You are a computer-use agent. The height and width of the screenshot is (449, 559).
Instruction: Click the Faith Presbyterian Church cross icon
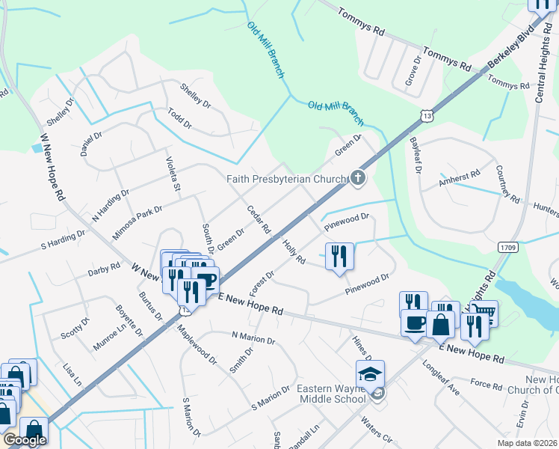click(359, 178)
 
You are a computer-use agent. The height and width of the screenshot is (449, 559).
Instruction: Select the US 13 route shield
click(427, 116)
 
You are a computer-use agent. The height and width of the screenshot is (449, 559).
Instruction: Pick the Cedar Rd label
click(258, 219)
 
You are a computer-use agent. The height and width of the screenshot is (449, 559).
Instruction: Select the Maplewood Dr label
click(197, 344)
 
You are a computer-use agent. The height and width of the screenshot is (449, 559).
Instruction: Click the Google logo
click(25, 440)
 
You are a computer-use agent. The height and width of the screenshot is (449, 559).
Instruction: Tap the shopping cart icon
click(484, 312)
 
